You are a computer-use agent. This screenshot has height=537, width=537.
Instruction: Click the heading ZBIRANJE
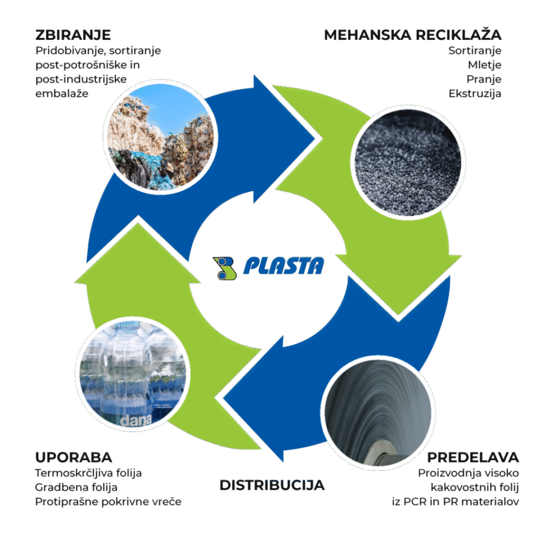pyautogui.click(x=73, y=35)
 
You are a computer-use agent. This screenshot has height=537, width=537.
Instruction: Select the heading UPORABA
pyautogui.click(x=73, y=457)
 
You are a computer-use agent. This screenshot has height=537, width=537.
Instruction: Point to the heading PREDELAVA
pyautogui.click(x=473, y=457)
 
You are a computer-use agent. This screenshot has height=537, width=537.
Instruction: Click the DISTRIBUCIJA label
pyautogui.click(x=272, y=485)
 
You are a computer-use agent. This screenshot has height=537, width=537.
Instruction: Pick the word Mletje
pyautogui.click(x=485, y=65)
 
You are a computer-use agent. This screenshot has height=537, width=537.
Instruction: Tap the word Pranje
pyautogui.click(x=484, y=80)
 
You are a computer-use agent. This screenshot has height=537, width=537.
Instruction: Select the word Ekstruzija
pyautogui.click(x=475, y=93)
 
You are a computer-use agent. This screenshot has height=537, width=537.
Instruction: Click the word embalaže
pyautogui.click(x=62, y=93)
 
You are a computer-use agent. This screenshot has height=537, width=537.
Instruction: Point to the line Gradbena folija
pyautogui.click(x=76, y=487)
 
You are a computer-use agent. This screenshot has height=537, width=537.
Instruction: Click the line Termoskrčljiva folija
pyautogui.click(x=88, y=473)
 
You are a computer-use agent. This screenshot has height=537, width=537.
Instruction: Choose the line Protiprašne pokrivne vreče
pyautogui.click(x=108, y=502)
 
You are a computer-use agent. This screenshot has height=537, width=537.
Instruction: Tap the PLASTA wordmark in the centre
pyautogui.click(x=284, y=266)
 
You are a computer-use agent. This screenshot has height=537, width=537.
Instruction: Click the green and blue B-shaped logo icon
pyautogui.click(x=224, y=268)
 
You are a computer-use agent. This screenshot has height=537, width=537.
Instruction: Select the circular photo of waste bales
pyautogui.click(x=160, y=136)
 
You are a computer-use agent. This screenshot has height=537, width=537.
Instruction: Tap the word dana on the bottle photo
pyautogui.click(x=136, y=420)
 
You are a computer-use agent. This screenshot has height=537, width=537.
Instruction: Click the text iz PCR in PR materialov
pyautogui.click(x=456, y=502)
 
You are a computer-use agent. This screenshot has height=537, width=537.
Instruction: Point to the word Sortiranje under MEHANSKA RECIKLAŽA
pyautogui.click(x=475, y=51)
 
